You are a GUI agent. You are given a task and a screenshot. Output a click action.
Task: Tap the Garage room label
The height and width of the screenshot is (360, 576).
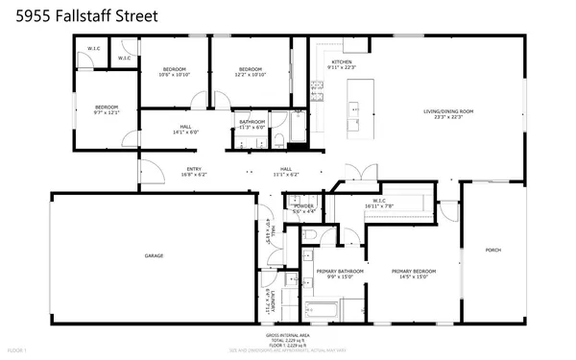[154, 256]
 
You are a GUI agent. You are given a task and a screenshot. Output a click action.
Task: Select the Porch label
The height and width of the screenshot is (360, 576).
[492, 250]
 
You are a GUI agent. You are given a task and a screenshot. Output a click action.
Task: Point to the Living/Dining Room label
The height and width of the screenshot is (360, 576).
[449, 111]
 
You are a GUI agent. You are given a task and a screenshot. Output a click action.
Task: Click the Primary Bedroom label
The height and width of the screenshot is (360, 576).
[414, 271]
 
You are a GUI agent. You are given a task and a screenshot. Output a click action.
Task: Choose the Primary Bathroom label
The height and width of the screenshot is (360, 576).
[340, 271]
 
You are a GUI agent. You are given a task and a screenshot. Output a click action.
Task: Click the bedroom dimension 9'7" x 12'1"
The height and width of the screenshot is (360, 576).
[106, 112]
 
